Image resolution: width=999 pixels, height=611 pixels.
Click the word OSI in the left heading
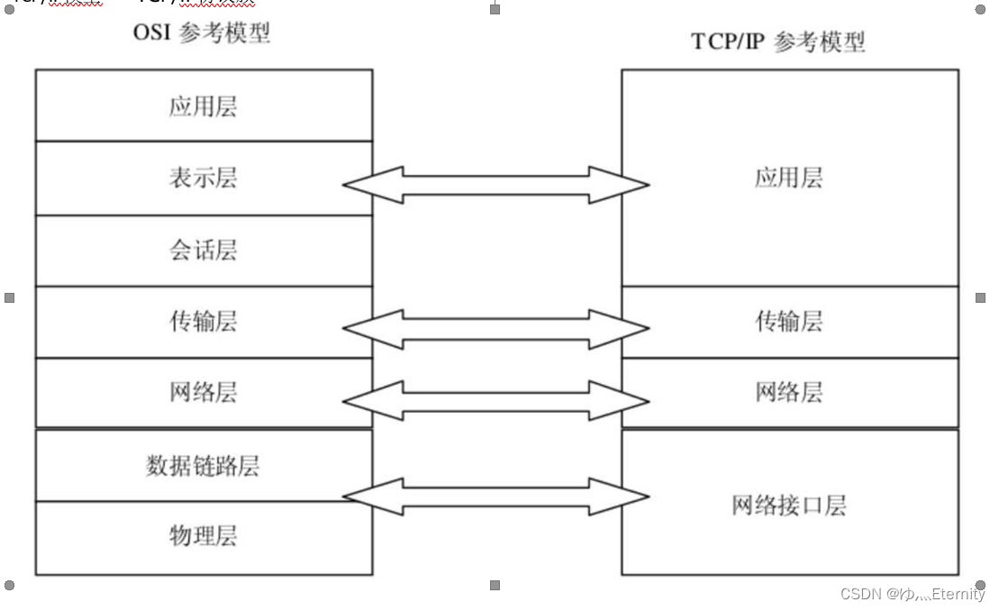[152, 33]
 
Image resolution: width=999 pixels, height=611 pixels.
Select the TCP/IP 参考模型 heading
[777, 42]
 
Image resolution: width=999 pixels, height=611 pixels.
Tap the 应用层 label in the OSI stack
[203, 107]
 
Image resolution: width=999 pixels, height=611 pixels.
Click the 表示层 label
[203, 178]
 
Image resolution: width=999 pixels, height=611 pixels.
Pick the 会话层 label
[203, 250]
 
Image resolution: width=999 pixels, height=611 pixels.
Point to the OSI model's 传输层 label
[203, 321]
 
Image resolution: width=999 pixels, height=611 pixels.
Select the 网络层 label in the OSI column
[203, 392]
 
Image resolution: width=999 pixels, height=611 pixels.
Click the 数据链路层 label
[203, 465]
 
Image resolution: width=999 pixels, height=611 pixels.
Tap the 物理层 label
[203, 536]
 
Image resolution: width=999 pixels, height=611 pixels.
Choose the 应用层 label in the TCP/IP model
[788, 178]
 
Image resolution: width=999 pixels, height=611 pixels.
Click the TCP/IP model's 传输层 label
[788, 321]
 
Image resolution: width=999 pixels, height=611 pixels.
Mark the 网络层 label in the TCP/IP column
[788, 392]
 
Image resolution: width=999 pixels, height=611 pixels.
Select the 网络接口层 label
[788, 505]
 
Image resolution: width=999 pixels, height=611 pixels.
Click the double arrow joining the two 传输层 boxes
[495, 330]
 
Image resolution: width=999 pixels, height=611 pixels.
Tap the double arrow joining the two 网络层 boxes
[495, 400]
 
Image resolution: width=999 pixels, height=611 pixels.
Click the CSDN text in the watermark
[860, 594]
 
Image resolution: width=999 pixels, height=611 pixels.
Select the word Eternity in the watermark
[958, 594]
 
